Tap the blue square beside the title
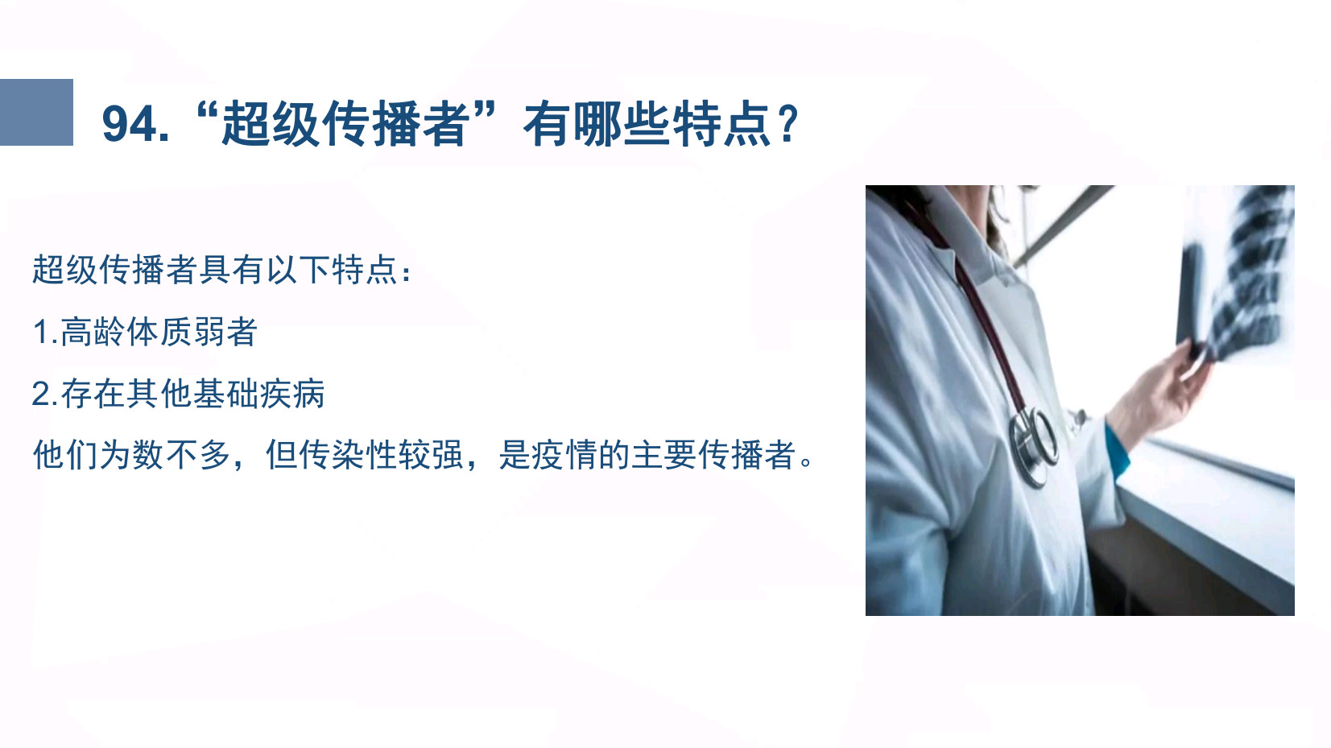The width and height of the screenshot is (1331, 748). coord(36,112)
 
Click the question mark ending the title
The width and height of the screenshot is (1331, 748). coord(788,124)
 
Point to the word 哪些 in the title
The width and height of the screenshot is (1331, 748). coord(622,124)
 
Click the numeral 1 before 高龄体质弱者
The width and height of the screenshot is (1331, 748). coord(40,332)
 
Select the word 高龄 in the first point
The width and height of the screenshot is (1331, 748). coord(92,332)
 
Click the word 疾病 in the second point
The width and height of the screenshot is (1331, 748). coord(292,394)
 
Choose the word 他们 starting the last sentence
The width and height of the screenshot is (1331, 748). coord(65,455)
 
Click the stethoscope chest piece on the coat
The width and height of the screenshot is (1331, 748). coord(1033,443)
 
